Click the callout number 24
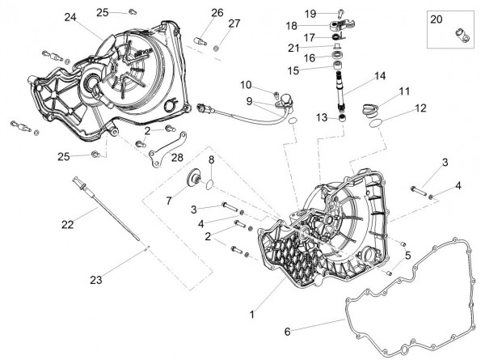pos(70,18)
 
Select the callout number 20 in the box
pos(436,19)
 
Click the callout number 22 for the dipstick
pos(67,222)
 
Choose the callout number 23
pos(96,281)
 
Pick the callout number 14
pos(380,77)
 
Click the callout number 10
pos(246,85)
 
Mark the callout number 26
pos(217,12)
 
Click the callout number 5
pos(408,256)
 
